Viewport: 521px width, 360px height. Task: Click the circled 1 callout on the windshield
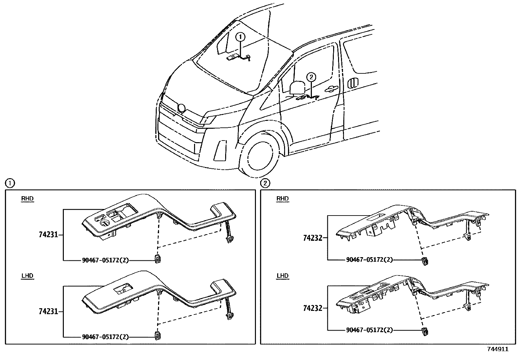tap(241, 37)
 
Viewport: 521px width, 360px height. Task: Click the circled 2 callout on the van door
tap(311, 77)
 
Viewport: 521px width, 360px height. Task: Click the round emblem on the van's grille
tap(181, 107)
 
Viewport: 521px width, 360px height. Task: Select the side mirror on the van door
tap(297, 88)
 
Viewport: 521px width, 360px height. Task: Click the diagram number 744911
tap(498, 349)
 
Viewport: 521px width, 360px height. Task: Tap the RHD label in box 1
tap(27, 199)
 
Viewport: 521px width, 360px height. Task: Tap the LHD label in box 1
tap(27, 275)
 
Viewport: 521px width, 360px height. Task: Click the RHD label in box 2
tap(283, 199)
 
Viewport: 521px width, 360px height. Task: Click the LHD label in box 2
tap(283, 275)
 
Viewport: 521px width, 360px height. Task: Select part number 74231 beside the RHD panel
tap(48, 235)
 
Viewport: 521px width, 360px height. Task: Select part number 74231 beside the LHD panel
tap(48, 312)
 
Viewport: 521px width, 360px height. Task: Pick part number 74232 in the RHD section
tap(313, 238)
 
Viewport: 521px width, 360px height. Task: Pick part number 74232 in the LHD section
tap(313, 308)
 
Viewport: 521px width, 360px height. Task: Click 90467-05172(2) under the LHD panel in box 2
tap(369, 330)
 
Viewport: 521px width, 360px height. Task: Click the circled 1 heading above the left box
tap(10, 183)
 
